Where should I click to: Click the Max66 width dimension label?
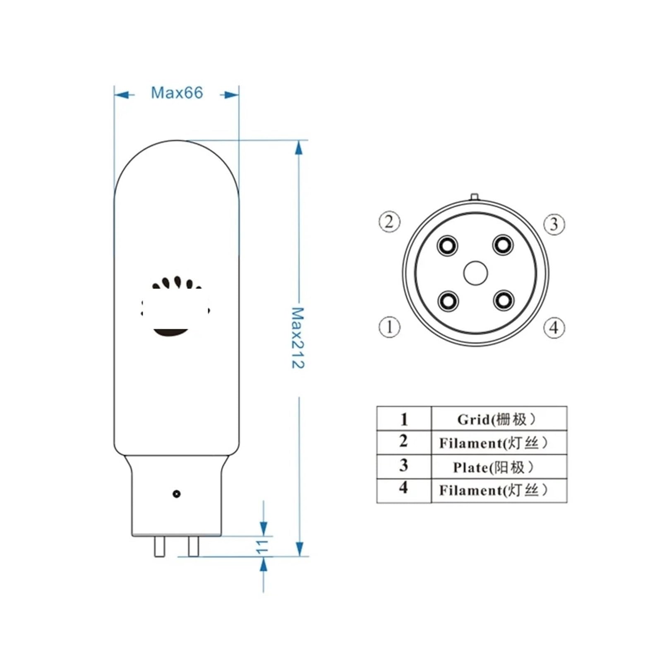[x=177, y=93]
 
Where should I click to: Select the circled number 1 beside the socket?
[x=389, y=327]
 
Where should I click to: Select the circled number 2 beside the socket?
[x=389, y=222]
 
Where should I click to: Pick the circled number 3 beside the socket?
[x=554, y=224]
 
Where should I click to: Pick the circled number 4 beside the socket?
[x=554, y=328]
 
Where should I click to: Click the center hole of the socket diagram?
[x=475, y=273]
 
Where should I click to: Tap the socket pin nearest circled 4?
[x=504, y=300]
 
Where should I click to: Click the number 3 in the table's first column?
[x=403, y=465]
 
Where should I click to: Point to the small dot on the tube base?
[x=176, y=494]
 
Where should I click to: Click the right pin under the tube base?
[x=193, y=546]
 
